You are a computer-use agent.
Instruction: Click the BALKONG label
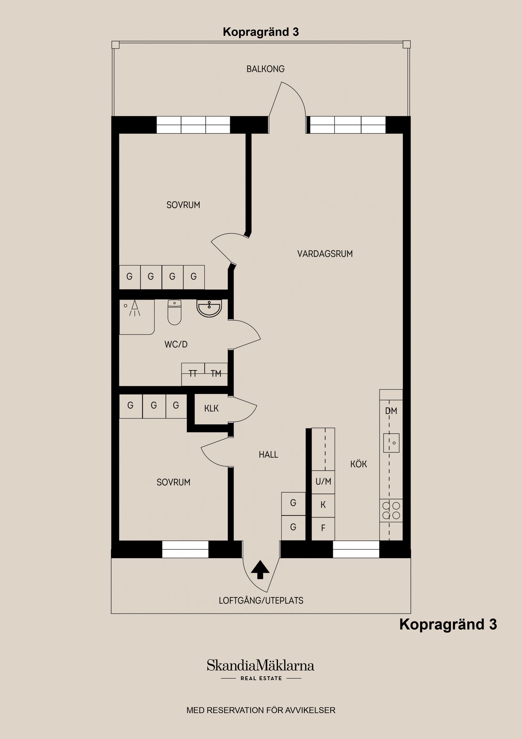(265, 69)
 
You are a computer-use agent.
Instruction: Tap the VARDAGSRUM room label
(325, 254)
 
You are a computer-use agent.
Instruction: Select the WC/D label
(176, 344)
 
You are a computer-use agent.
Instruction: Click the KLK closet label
(211, 408)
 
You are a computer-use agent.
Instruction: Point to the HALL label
(268, 454)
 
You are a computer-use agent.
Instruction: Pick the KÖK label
(358, 464)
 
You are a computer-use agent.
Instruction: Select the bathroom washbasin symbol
(209, 308)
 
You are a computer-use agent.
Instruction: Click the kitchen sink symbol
(391, 443)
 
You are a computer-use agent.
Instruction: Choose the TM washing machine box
(216, 373)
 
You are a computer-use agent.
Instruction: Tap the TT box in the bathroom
(193, 373)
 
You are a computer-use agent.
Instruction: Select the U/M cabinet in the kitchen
(323, 482)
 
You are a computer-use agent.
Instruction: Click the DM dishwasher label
(391, 411)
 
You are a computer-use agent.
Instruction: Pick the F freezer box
(323, 528)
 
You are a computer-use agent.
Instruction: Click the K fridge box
(323, 505)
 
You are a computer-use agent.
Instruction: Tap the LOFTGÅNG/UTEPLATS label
(261, 601)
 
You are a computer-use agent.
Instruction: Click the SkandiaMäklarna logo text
(260, 665)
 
